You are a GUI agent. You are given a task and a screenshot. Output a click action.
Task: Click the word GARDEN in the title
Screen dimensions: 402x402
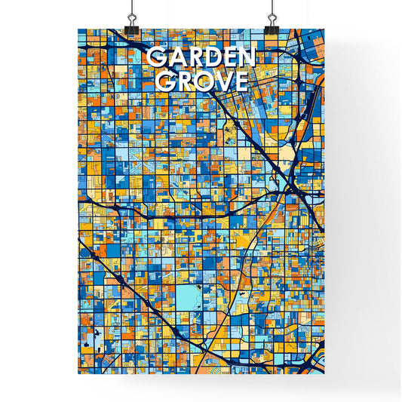click(201, 58)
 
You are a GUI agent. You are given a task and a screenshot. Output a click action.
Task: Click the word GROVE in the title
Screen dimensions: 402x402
click(201, 81)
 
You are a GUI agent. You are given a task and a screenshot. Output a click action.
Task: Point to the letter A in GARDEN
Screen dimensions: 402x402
click(174, 58)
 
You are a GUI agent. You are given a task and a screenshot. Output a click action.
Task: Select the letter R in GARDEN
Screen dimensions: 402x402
click(192, 58)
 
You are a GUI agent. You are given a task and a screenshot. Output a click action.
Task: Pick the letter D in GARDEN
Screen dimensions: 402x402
click(210, 58)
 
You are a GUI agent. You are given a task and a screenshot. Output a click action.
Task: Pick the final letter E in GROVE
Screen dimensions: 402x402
click(239, 81)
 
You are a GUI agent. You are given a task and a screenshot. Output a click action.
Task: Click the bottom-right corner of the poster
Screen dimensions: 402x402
click(324, 375)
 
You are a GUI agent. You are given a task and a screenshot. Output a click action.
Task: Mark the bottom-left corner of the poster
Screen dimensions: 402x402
click(78, 375)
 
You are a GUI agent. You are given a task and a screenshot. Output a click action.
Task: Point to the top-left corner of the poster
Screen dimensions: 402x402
click(78, 29)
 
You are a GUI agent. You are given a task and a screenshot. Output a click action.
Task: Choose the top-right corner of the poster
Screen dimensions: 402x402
click(324, 29)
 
